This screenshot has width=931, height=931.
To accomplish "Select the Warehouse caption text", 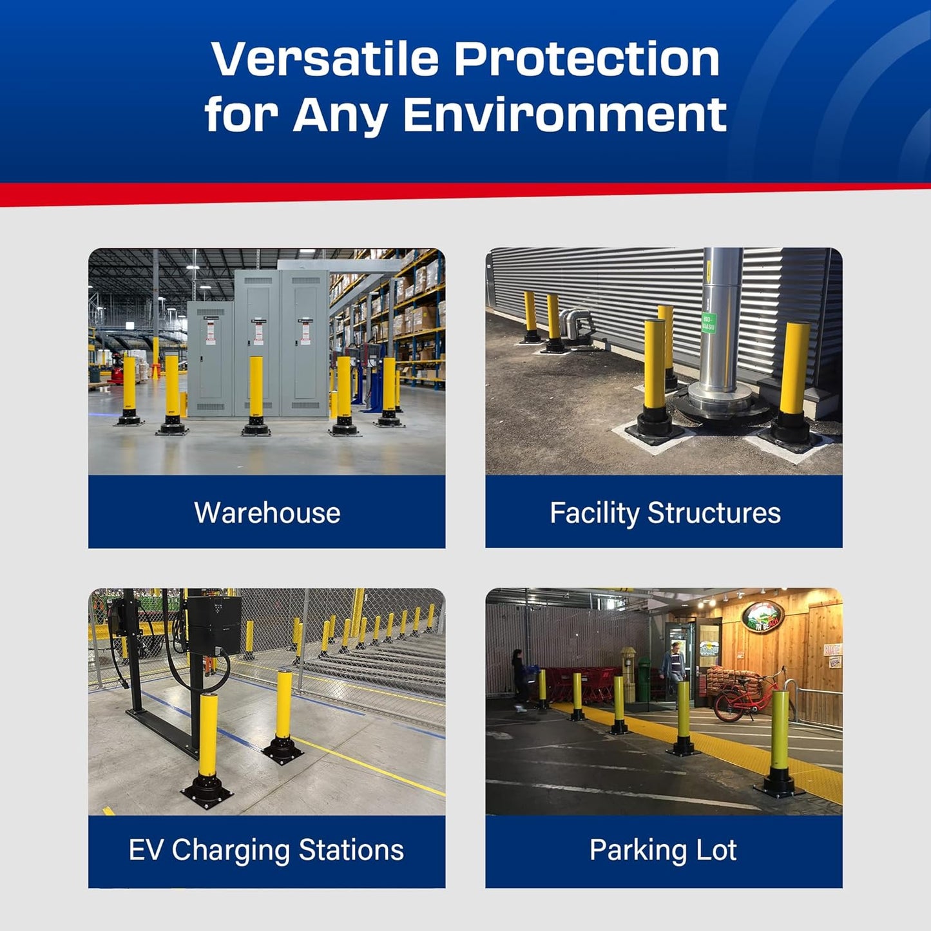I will [267, 513].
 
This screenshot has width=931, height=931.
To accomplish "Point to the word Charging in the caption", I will [231, 850].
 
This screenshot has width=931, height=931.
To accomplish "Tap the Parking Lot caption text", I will [663, 850].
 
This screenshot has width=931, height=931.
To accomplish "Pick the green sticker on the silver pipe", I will [707, 322].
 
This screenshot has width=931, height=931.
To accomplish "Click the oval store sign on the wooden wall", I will [763, 617].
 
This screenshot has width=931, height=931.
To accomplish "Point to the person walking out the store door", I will [673, 667].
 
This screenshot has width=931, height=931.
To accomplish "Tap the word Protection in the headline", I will [586, 59].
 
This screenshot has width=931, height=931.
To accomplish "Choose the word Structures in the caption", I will [714, 513].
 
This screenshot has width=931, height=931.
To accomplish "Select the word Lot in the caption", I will [716, 850].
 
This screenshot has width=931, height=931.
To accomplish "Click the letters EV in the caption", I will [146, 850].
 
